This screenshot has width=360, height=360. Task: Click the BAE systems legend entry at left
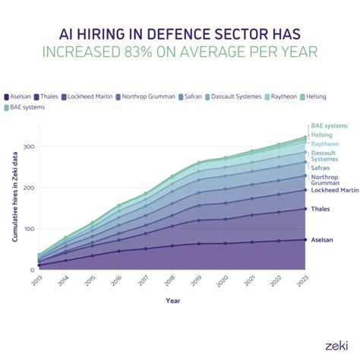point(28,107)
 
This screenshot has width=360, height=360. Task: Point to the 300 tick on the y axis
point(30,147)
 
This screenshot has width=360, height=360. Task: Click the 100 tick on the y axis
point(30,229)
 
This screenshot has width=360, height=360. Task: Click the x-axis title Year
point(172,300)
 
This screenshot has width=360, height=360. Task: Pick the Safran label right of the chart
point(321,168)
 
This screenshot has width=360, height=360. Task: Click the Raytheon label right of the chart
point(324,144)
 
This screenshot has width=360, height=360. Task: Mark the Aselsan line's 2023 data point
point(305,240)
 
